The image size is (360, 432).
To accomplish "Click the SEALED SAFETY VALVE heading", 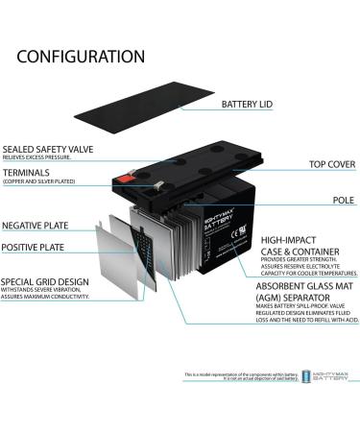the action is click(48, 149).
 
